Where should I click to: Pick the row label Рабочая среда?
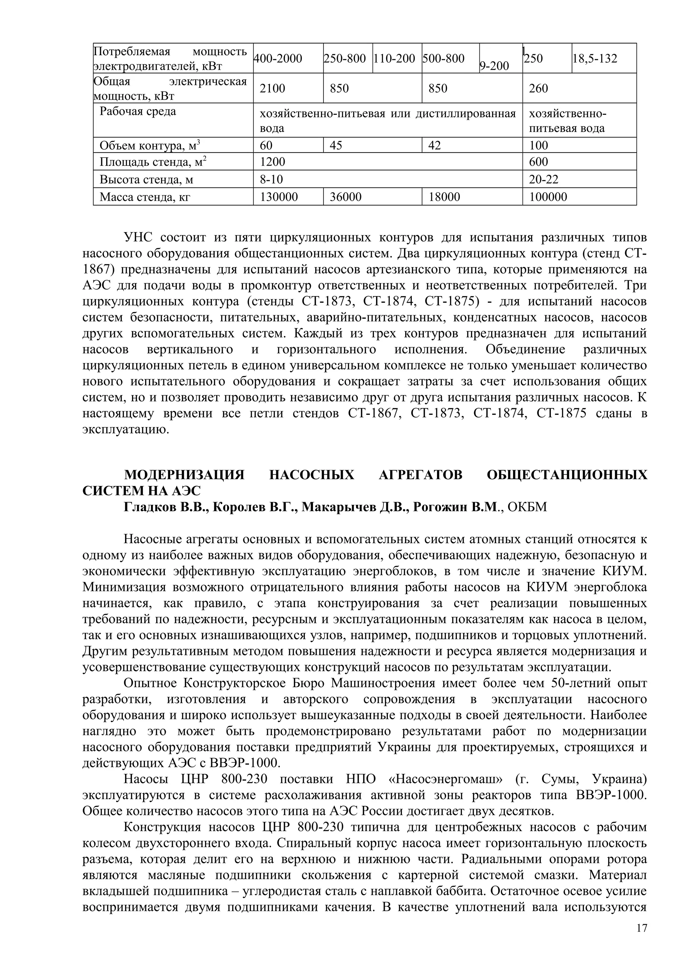tap(138, 112)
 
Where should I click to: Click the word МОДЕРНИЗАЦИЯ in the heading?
tap(184, 475)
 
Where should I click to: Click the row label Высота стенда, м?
tap(146, 180)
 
